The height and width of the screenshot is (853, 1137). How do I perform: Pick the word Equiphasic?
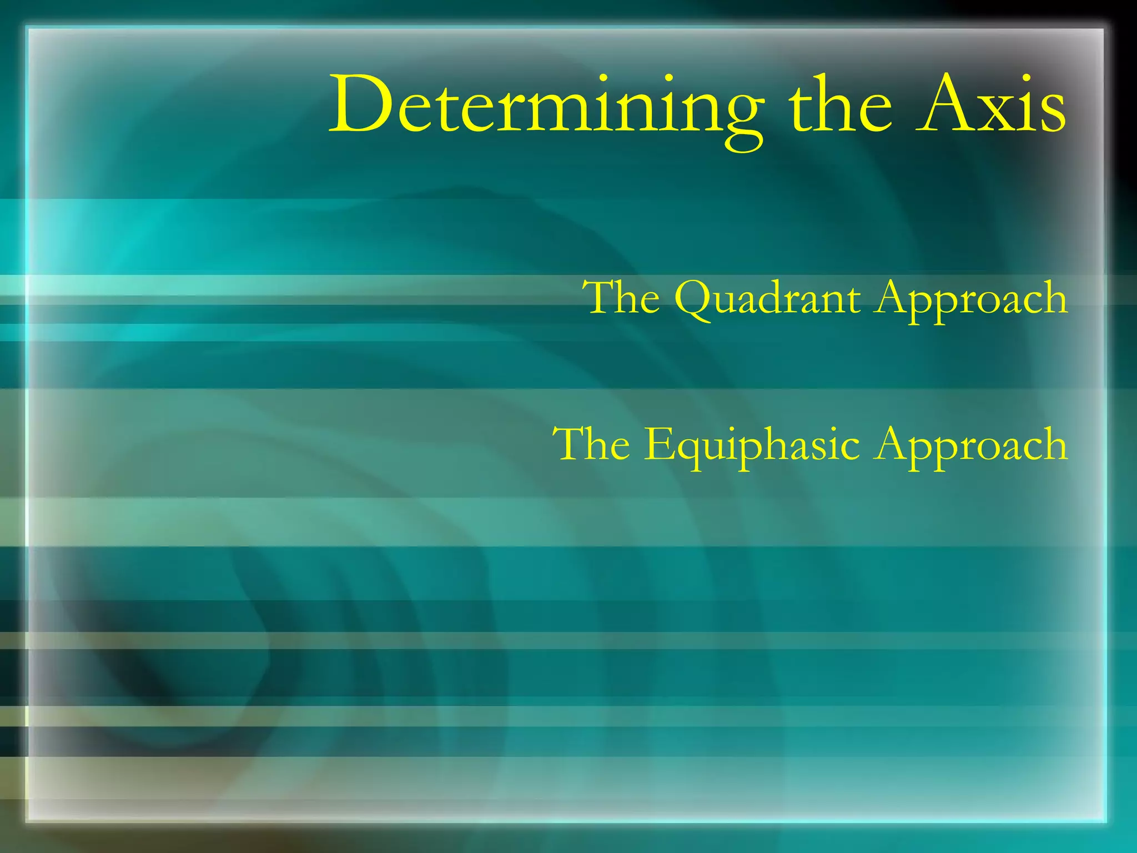[x=752, y=445]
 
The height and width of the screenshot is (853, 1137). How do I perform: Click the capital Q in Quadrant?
[x=694, y=300]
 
